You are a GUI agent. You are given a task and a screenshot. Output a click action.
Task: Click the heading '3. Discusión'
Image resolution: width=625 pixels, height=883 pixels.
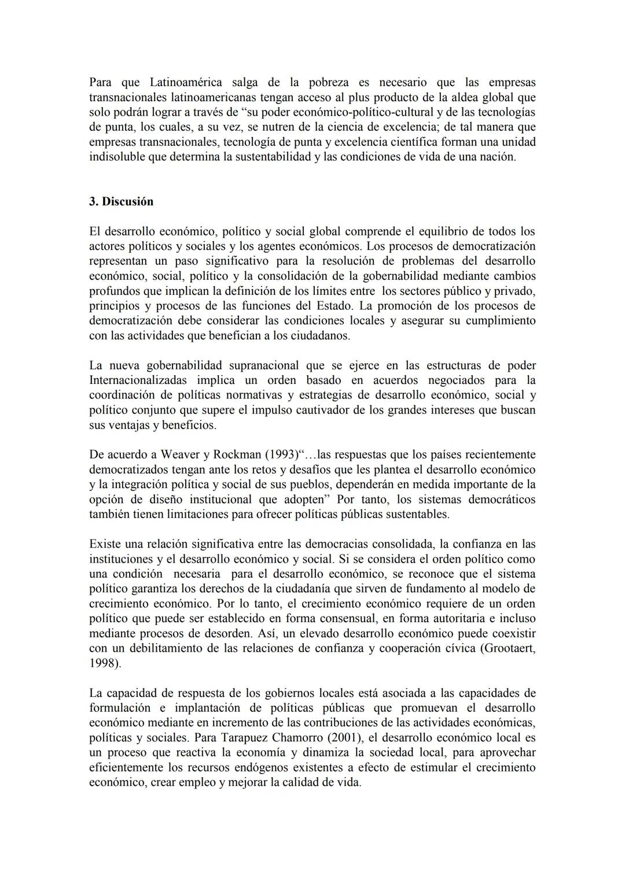tap(121, 202)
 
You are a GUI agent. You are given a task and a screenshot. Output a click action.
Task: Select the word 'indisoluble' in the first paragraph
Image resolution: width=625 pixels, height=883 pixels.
tap(117, 157)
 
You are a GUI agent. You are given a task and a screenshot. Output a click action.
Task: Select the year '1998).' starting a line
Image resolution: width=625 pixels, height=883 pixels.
tap(105, 663)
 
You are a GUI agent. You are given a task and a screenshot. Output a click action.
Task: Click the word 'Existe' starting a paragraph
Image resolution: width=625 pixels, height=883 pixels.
tap(105, 544)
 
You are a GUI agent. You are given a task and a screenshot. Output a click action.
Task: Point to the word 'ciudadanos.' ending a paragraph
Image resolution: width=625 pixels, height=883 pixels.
tap(322, 335)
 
